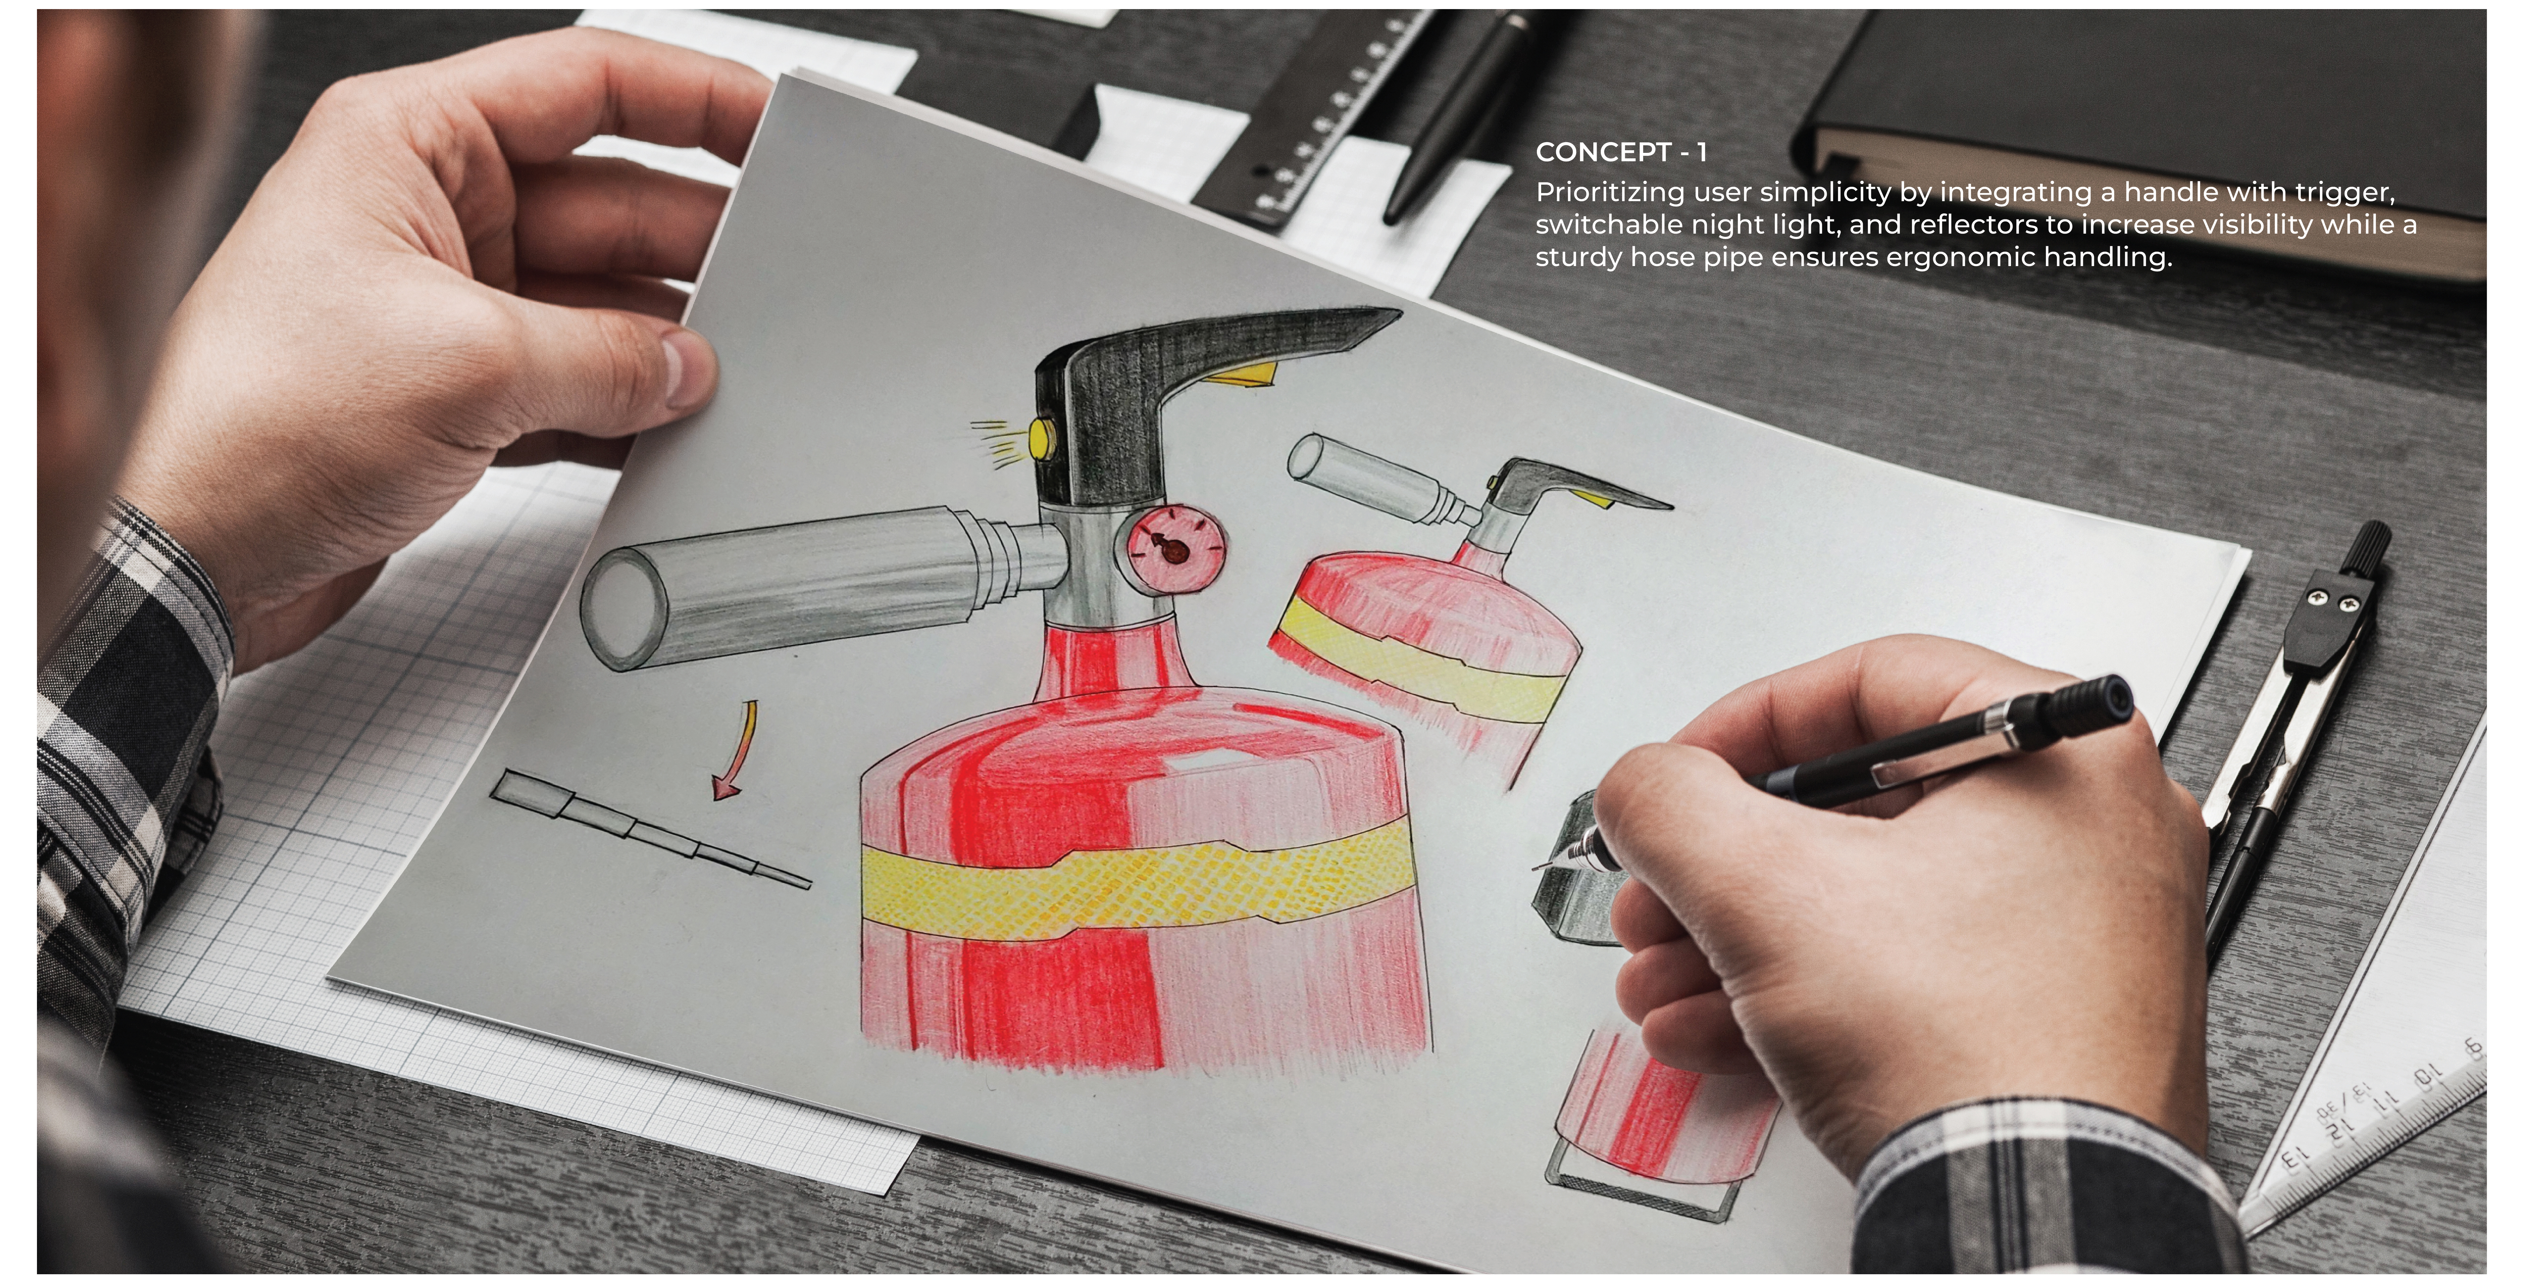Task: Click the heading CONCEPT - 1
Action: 1620,153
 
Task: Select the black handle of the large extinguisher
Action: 1155,392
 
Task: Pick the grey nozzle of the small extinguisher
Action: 1371,477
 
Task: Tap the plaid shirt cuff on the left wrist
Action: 137,627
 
